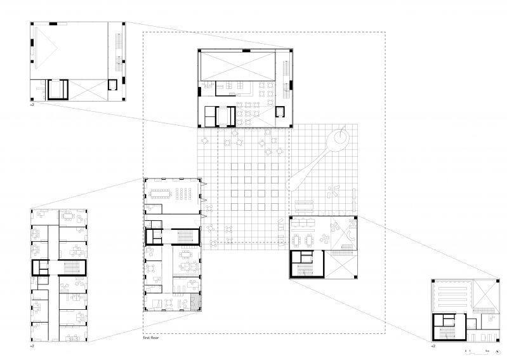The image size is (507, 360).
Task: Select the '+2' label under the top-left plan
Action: click(33, 104)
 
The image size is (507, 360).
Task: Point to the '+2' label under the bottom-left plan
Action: click(33, 347)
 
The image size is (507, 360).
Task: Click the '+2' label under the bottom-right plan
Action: click(433, 347)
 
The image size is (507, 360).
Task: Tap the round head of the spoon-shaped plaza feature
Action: click(339, 138)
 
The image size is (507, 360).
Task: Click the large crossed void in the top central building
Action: click(238, 66)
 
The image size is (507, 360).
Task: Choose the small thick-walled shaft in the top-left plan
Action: click(112, 85)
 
